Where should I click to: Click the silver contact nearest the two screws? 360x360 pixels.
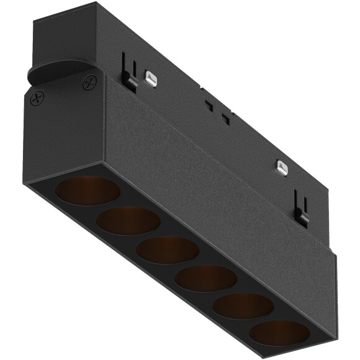tap(149, 78)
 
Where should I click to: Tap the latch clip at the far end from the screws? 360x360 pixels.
tap(302, 211)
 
